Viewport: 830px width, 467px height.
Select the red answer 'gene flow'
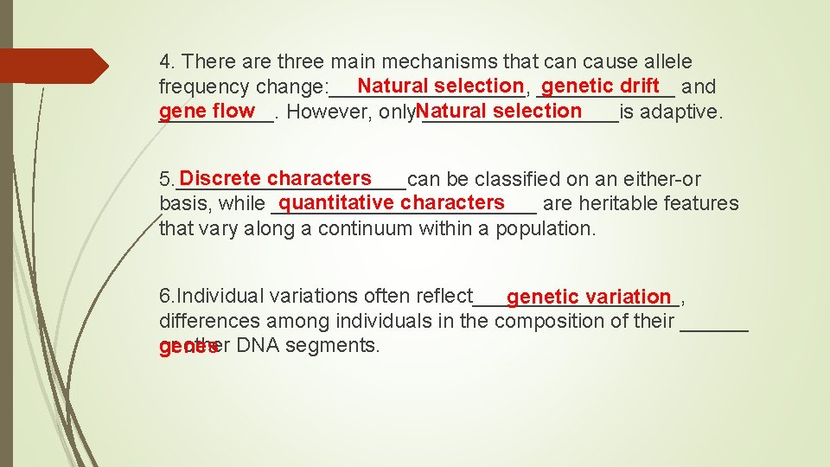coord(207,111)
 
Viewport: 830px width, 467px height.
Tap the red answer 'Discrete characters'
coord(276,179)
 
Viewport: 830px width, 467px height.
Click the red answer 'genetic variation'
coord(589,297)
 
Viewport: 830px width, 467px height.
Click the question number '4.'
coord(169,62)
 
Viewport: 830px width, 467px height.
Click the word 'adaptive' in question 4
coord(681,112)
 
